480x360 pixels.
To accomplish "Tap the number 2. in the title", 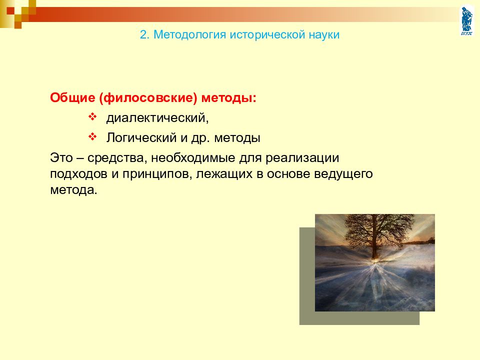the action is tap(145, 34).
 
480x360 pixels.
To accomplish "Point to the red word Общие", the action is tap(72, 98).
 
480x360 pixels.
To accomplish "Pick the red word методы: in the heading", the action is tap(228, 98).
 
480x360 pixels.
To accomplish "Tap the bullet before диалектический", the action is tap(92, 116).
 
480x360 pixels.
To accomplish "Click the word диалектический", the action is tap(157, 118).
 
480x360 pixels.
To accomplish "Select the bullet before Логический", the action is tap(92, 136).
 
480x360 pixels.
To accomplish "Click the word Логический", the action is tap(141, 138).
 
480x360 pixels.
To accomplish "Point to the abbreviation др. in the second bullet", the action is tap(200, 138).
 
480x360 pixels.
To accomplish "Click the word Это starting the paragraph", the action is tap(61, 158).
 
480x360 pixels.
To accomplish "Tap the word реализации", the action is tap(302, 158).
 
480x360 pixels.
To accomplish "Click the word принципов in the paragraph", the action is tap(157, 174).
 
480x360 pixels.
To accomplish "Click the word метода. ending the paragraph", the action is tap(73, 190).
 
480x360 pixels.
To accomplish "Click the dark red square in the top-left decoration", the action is tap(10, 11).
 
